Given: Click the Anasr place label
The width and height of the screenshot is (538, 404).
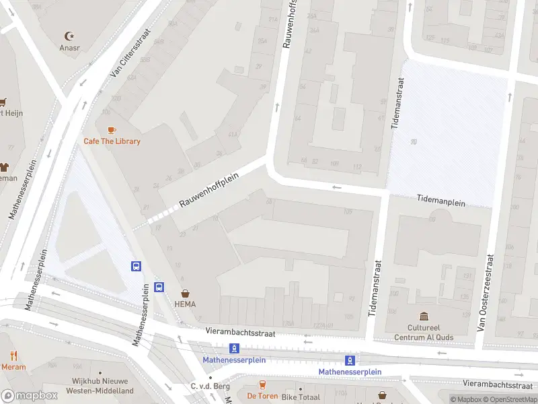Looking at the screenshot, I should (69, 48).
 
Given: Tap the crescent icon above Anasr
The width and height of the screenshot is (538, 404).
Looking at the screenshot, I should (69, 36).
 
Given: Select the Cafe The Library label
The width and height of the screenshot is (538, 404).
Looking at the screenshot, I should (112, 141).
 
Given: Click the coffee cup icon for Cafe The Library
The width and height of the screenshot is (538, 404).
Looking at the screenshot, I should (112, 129).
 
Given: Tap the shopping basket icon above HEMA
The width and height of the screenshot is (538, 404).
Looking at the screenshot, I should (186, 294).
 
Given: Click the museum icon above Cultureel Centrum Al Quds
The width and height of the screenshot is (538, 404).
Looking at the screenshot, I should (424, 316).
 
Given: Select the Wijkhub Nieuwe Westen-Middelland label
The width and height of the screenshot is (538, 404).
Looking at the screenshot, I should (95, 386).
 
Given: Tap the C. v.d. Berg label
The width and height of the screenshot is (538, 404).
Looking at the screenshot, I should (210, 386).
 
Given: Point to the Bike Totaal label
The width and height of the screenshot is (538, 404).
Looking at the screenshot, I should (301, 397).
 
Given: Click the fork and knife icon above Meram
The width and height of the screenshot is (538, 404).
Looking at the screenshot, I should (13, 356).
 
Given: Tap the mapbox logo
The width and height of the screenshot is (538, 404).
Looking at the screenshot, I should (30, 395).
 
